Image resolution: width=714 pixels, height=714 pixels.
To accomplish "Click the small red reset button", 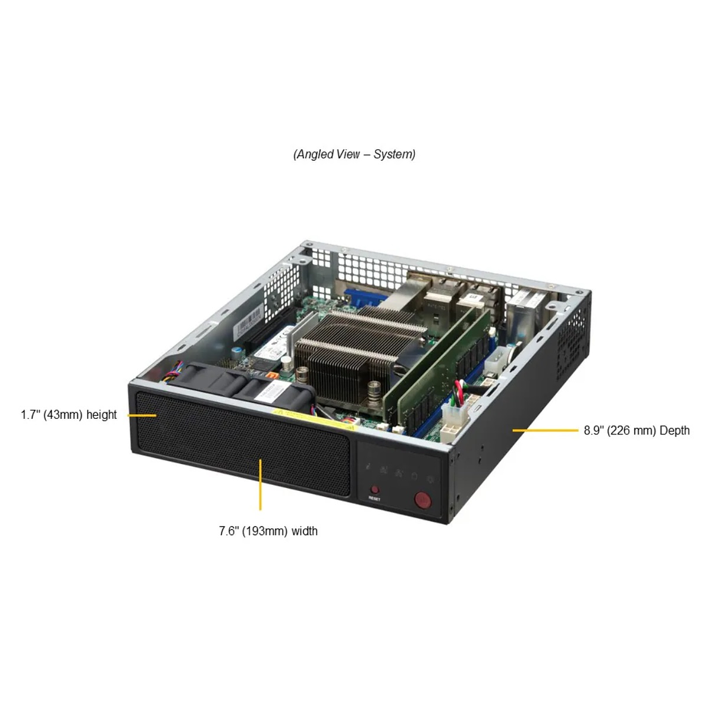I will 374,489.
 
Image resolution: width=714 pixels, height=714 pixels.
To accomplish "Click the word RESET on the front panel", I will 374,499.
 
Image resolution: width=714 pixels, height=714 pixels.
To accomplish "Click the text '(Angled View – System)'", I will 354,155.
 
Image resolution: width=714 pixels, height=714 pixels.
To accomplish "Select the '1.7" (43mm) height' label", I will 69,415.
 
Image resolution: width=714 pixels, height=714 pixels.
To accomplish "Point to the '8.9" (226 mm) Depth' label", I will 636,430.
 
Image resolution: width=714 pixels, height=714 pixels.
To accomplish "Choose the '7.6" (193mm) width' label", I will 268,531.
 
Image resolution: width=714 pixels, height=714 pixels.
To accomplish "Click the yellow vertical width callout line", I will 261,485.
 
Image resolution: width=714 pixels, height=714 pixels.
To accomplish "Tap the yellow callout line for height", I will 142,415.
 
